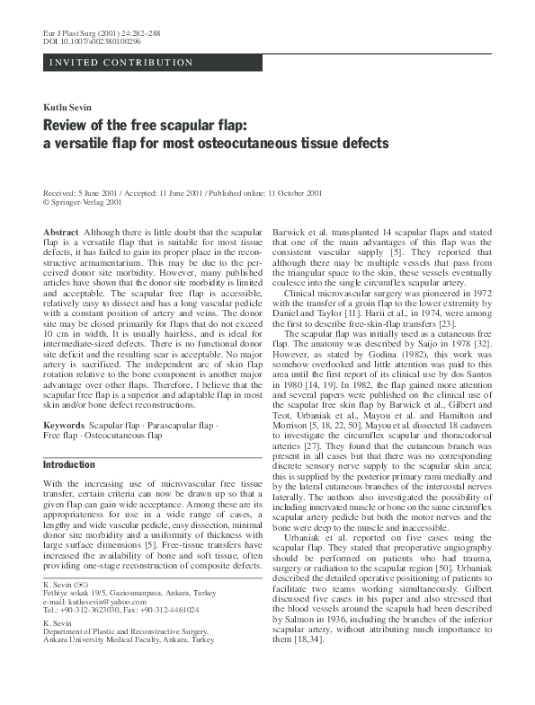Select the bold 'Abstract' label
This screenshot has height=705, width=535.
[x=61, y=233]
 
